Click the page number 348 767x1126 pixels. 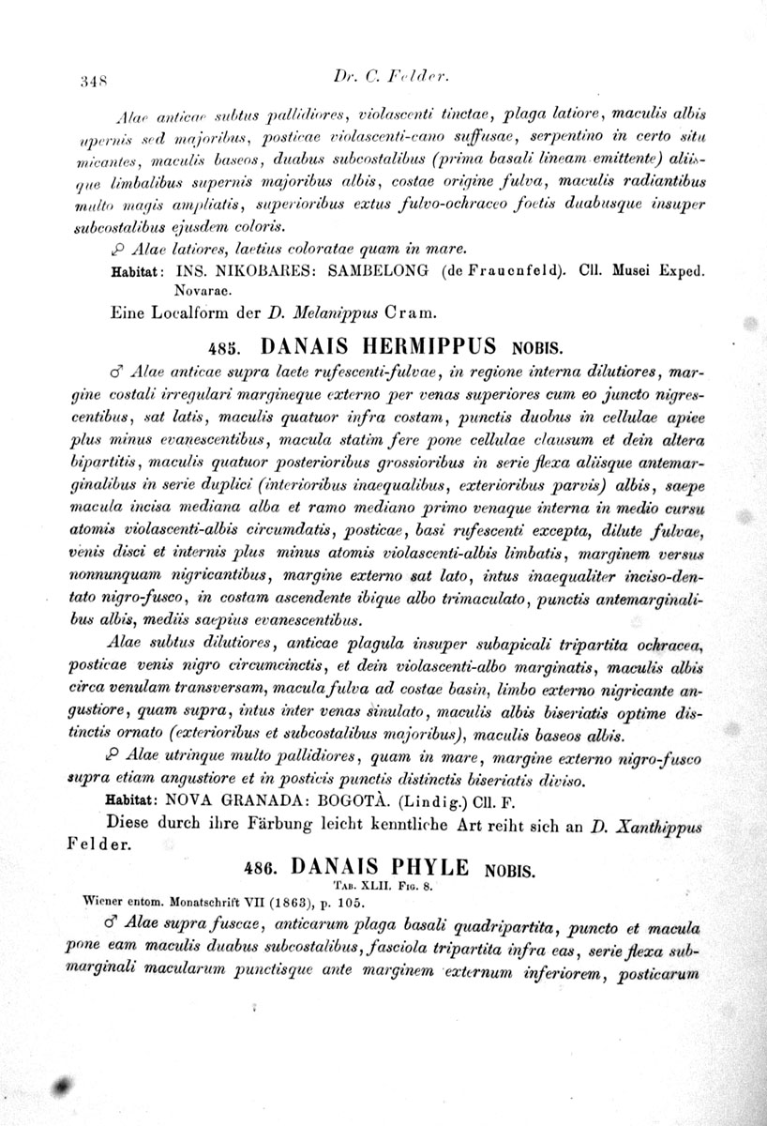pos(92,81)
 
